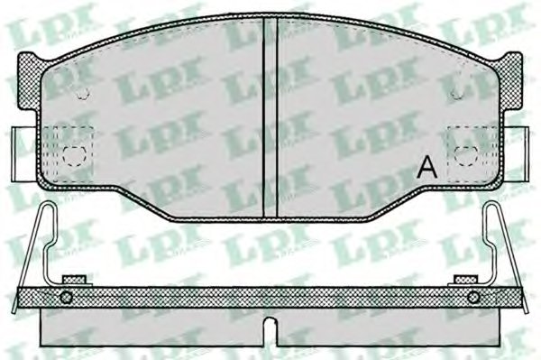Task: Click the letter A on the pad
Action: [x=426, y=168]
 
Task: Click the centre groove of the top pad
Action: [x=270, y=117]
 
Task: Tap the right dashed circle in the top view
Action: [x=466, y=155]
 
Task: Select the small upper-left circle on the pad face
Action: [x=83, y=93]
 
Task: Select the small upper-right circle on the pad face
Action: [x=457, y=93]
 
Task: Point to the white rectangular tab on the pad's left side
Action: [x=24, y=154]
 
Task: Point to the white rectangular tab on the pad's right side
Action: [x=516, y=153]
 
